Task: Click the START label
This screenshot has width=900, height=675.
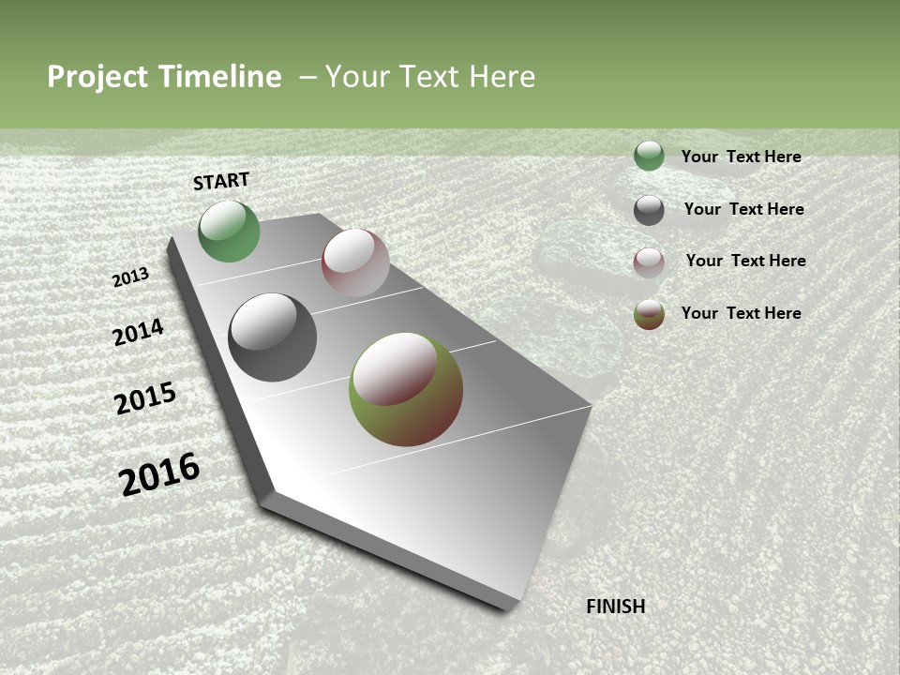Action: (x=221, y=181)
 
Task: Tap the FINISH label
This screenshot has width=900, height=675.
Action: (x=615, y=607)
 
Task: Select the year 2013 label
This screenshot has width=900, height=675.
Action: (x=131, y=277)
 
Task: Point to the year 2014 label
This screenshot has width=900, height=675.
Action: (x=138, y=333)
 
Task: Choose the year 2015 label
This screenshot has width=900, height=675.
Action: (x=145, y=398)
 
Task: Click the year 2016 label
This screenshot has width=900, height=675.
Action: (x=159, y=473)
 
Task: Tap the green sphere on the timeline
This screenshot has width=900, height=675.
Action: (x=229, y=232)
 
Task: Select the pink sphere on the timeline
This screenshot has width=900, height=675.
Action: (x=355, y=262)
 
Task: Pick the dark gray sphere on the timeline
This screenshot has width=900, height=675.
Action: (x=272, y=337)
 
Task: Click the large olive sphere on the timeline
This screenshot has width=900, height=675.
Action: (x=405, y=389)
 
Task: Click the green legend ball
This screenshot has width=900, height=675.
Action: (x=649, y=156)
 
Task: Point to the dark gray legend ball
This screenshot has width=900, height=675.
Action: (x=649, y=210)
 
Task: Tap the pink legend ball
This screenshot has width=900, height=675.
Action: (x=649, y=262)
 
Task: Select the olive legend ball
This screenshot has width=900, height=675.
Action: (x=649, y=314)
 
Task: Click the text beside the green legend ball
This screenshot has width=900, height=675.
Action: (x=741, y=157)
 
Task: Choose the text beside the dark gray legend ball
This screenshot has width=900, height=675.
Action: (x=743, y=209)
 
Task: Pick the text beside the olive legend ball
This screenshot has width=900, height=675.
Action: (x=741, y=313)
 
